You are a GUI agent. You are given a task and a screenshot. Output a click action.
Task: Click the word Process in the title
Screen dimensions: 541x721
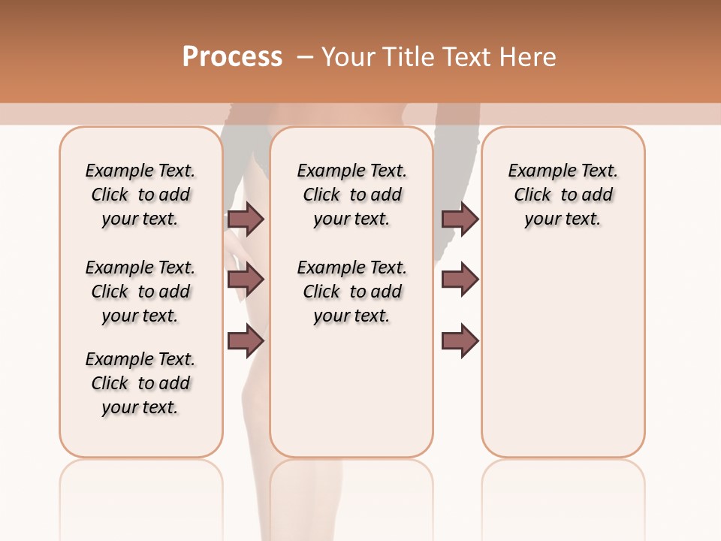pyautogui.click(x=232, y=57)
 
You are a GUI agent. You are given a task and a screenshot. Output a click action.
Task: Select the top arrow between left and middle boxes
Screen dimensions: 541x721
pyautogui.click(x=246, y=219)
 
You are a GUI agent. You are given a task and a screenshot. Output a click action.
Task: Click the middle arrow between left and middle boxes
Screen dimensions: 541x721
pyautogui.click(x=246, y=280)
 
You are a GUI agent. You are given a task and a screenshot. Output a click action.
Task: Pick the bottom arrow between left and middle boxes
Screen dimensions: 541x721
pyautogui.click(x=246, y=340)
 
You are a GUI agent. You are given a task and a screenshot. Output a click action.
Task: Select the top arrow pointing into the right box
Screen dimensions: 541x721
pyautogui.click(x=460, y=219)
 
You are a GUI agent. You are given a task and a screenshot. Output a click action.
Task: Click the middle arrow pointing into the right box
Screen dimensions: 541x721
pyautogui.click(x=460, y=280)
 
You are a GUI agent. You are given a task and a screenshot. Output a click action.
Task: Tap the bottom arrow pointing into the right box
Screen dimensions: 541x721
pyautogui.click(x=460, y=340)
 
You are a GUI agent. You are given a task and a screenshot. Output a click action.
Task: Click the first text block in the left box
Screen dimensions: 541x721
pyautogui.click(x=140, y=195)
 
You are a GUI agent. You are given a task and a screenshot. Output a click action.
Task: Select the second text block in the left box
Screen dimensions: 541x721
pyautogui.click(x=140, y=292)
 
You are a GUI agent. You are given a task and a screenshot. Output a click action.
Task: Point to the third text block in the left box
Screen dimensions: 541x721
pyautogui.click(x=140, y=383)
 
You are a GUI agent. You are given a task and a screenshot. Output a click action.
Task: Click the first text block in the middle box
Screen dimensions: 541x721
pyautogui.click(x=351, y=195)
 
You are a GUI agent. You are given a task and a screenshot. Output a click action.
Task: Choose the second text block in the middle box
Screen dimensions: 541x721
pyautogui.click(x=351, y=292)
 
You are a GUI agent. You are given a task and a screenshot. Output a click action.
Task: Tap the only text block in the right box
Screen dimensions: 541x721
pyautogui.click(x=563, y=195)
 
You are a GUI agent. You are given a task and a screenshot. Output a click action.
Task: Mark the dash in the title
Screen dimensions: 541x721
pyautogui.click(x=305, y=57)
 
